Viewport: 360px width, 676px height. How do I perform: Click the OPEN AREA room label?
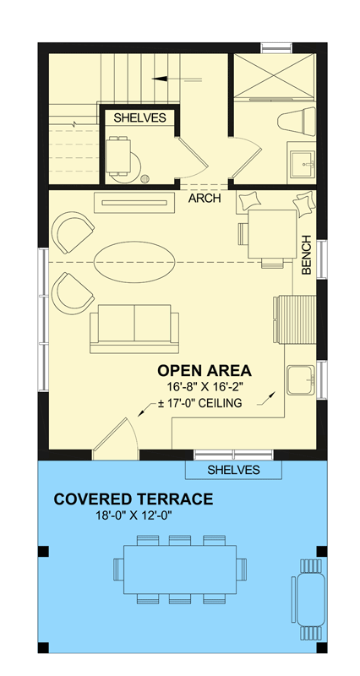coord(204,371)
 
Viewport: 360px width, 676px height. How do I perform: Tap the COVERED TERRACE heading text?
coord(134,499)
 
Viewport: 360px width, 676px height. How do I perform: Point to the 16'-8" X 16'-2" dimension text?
coord(204,387)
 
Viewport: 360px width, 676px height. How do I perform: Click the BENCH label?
coord(308,254)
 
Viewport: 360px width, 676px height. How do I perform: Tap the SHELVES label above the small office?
coord(139,117)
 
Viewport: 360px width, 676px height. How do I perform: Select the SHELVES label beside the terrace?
coord(233,470)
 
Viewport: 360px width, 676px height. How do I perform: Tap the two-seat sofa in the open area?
coord(134,327)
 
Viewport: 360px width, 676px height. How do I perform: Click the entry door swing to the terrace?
coord(115,436)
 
